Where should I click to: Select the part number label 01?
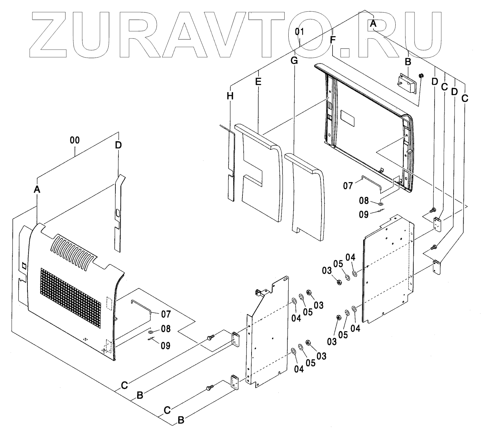(x=299, y=32)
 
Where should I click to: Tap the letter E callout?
(x=258, y=81)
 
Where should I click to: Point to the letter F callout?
(x=332, y=40)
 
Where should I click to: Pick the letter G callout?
(x=294, y=61)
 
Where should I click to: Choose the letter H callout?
(x=229, y=96)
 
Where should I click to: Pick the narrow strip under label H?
(x=231, y=164)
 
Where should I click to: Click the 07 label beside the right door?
(x=348, y=185)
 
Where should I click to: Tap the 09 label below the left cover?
(x=165, y=345)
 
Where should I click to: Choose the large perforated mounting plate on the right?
(x=388, y=268)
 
